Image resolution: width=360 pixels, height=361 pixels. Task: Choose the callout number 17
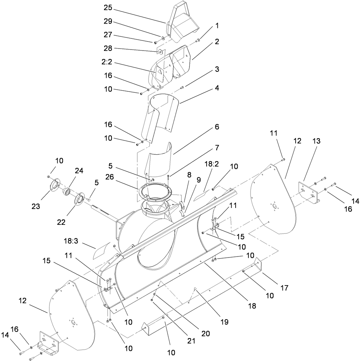click(284, 288)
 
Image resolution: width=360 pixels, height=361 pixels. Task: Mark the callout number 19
click(224, 322)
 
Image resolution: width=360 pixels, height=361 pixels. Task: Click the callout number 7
click(216, 148)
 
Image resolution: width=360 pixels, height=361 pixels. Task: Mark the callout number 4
click(217, 88)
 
